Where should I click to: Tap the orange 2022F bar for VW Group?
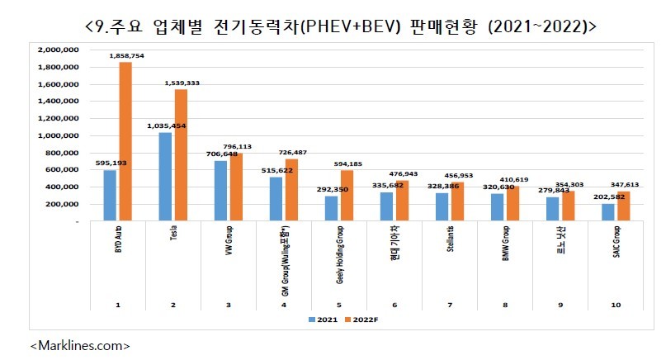[236, 187]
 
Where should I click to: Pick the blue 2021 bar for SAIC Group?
[608, 212]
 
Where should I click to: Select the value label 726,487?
[300, 152]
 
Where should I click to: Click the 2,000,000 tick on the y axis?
[58, 49]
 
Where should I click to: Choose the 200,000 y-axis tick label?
[61, 204]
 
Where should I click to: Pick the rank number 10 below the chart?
[614, 305]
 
